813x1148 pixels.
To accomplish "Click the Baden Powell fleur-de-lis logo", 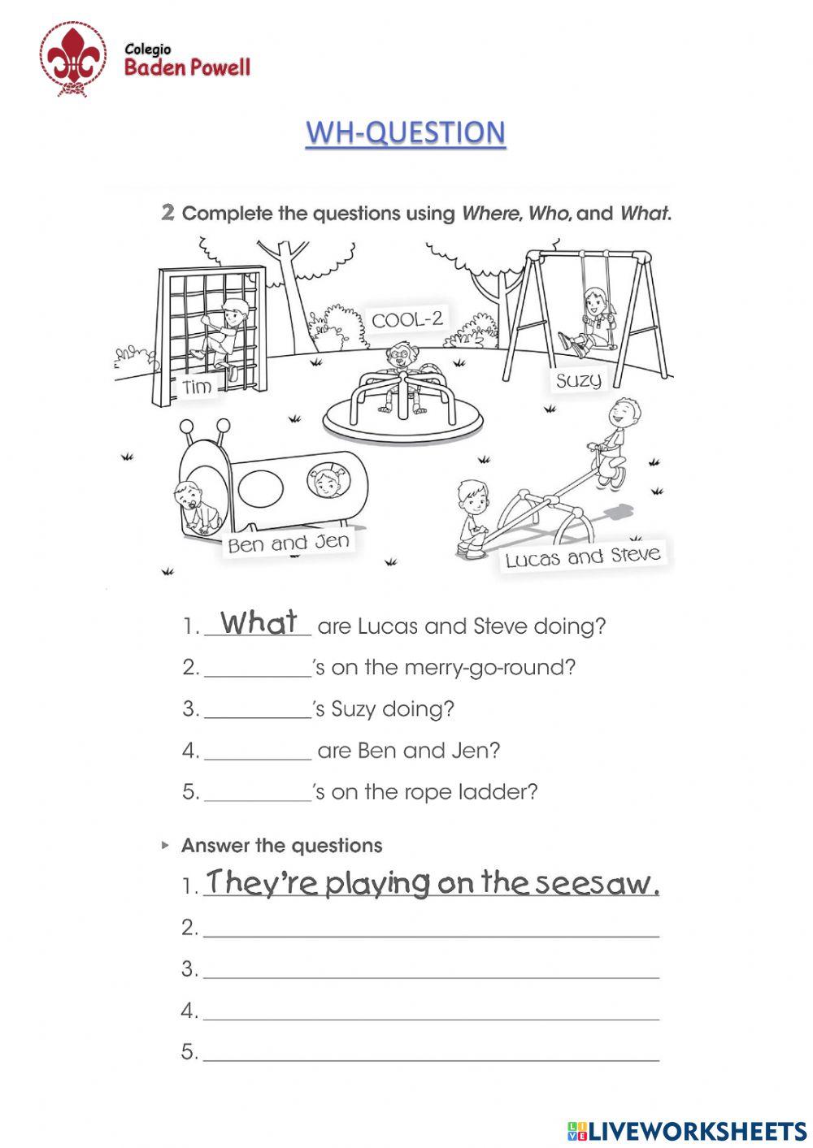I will (x=74, y=58).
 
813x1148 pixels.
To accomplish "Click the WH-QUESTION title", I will (x=405, y=132).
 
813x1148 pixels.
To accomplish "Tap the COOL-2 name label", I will (x=407, y=319).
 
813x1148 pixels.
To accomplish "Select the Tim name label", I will (x=198, y=388).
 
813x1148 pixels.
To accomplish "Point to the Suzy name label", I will (x=578, y=379).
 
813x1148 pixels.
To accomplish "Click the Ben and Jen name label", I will (x=289, y=543).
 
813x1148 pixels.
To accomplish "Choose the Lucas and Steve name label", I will (x=582, y=557).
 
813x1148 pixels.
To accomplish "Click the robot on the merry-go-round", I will (x=401, y=375).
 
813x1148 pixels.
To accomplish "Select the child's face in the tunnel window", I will (x=327, y=483).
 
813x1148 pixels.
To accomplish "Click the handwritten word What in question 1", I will (x=259, y=623).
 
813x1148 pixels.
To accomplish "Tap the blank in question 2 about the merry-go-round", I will (x=257, y=669).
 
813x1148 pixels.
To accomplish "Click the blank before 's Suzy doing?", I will (x=257, y=710).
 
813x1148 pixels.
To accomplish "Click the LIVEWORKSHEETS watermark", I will (x=687, y=1129).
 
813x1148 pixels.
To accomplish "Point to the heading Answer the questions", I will (x=281, y=846).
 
